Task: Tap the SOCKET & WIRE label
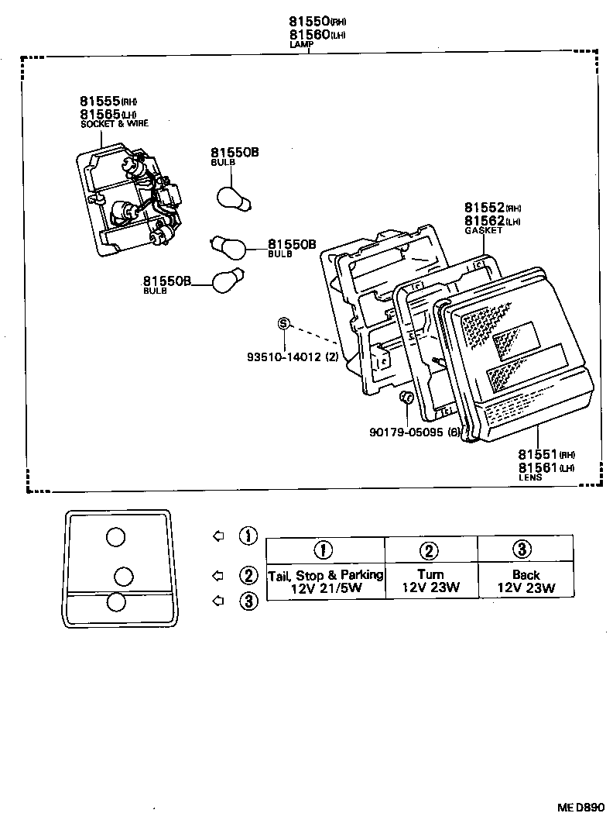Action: pyautogui.click(x=114, y=124)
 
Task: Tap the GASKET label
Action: pyautogui.click(x=483, y=230)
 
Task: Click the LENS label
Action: pyautogui.click(x=530, y=478)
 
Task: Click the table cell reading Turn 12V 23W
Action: pyautogui.click(x=430, y=581)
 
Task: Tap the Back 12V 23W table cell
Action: pyautogui.click(x=526, y=581)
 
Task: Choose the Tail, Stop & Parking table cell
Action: pyautogui.click(x=325, y=581)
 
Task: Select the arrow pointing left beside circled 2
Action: pyautogui.click(x=218, y=575)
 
